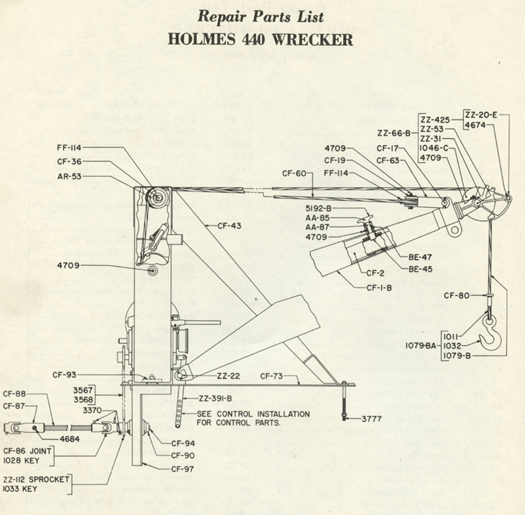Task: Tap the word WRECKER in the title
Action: tap(315, 40)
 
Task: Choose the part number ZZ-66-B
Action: tap(394, 133)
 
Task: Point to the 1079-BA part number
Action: tap(421, 345)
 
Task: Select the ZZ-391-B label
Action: tap(214, 399)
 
